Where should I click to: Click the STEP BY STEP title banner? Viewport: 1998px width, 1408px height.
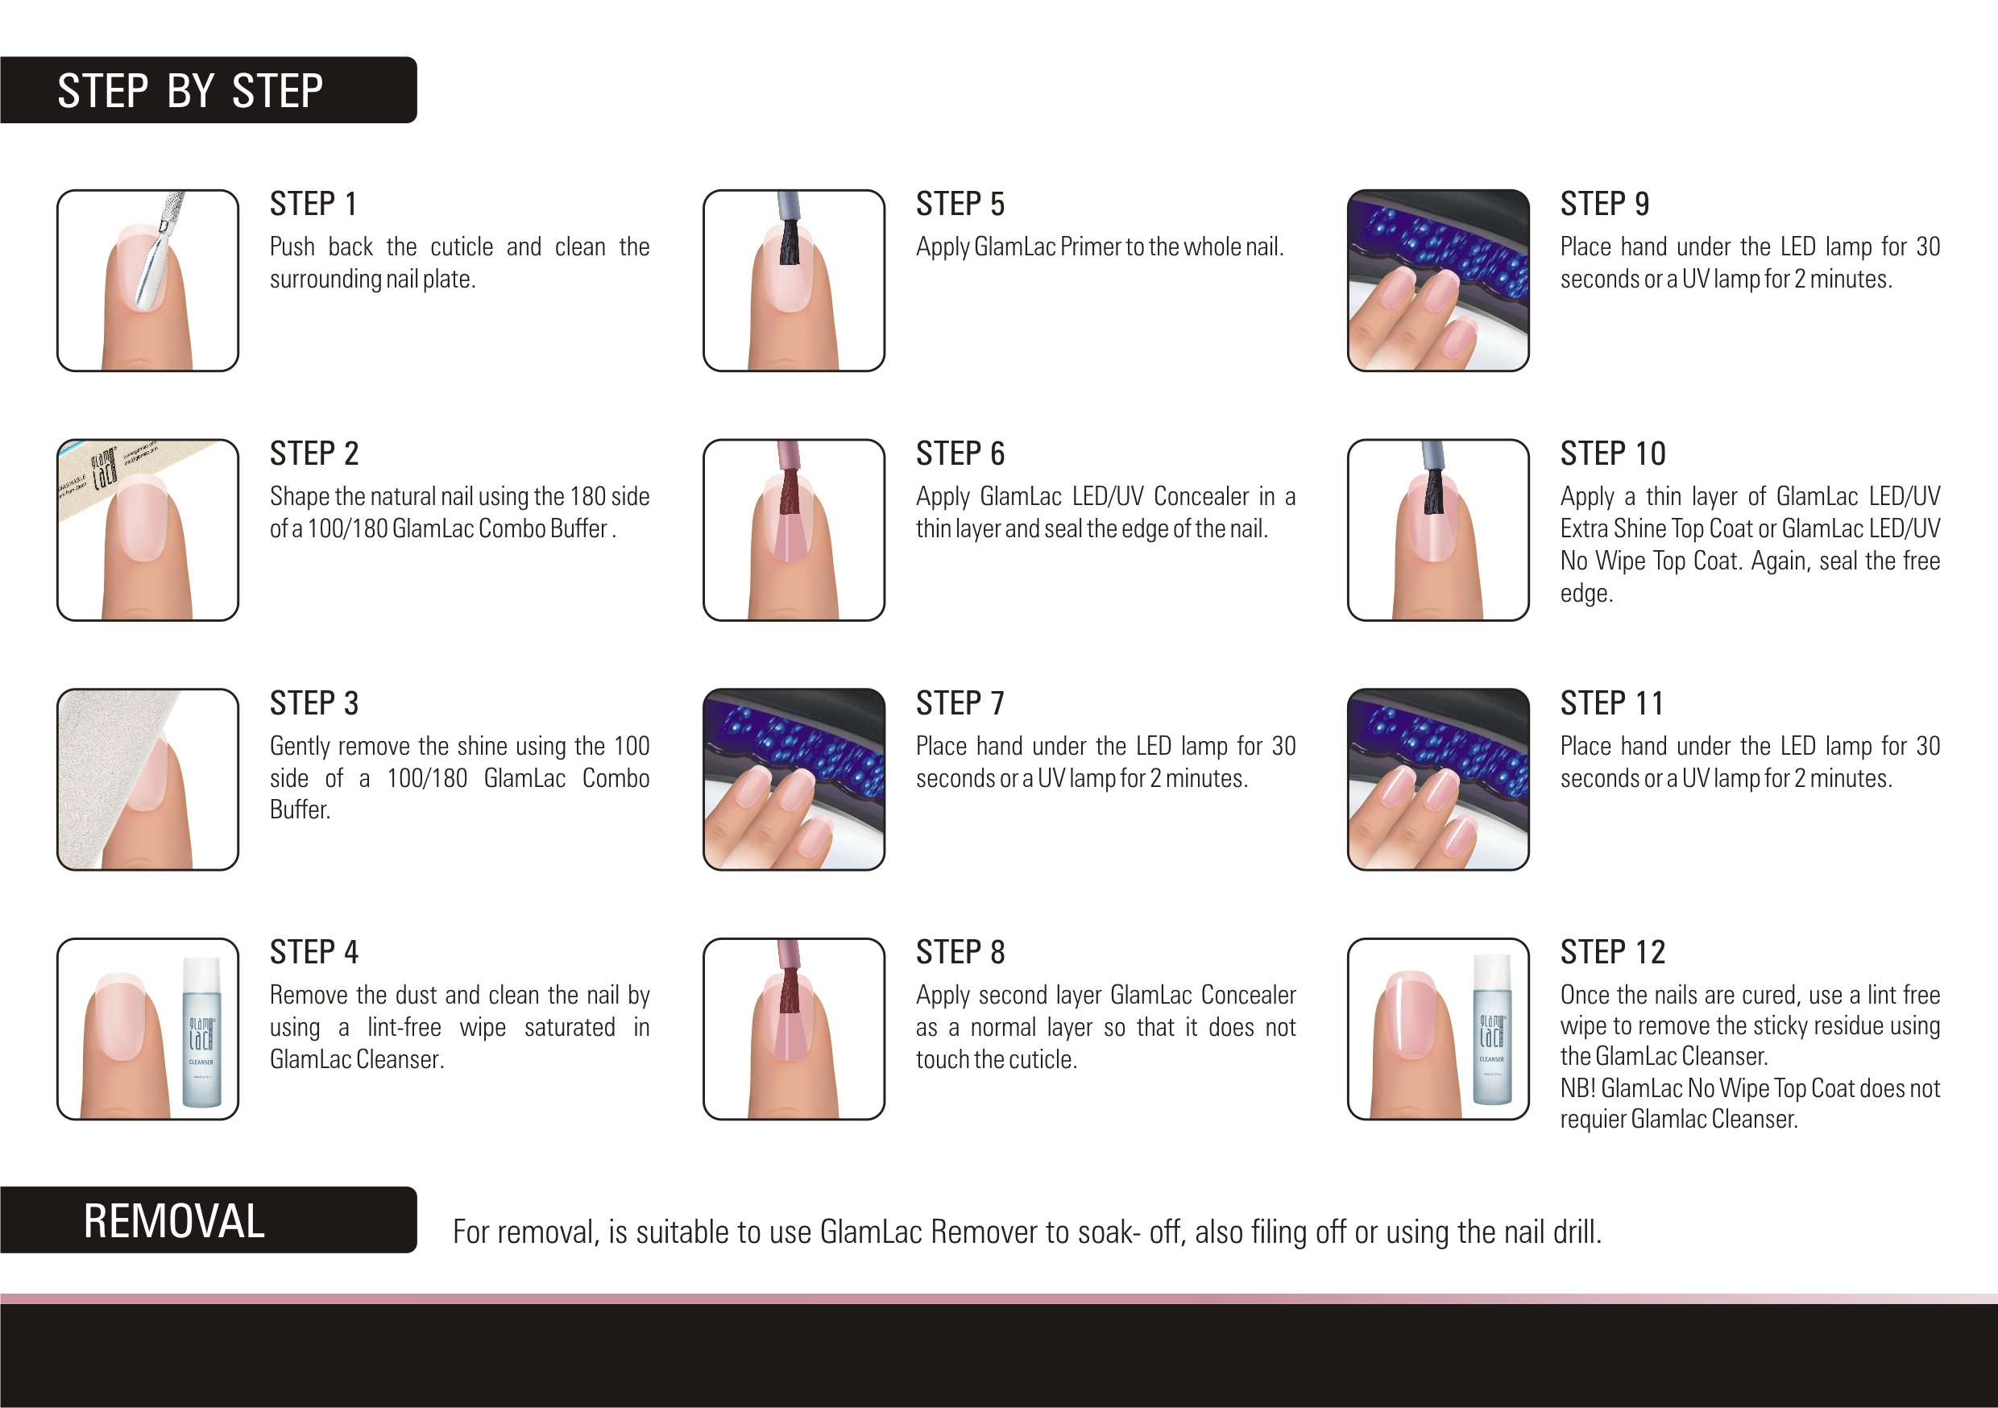click(208, 90)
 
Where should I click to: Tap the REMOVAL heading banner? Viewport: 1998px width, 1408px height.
click(208, 1220)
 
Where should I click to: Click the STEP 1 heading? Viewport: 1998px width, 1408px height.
click(313, 205)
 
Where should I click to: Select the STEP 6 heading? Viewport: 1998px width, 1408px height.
click(960, 453)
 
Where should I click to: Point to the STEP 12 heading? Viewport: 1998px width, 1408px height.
click(1612, 953)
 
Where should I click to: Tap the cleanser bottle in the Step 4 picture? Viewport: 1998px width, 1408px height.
click(202, 1032)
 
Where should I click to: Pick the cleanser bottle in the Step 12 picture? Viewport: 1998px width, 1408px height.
click(1491, 1029)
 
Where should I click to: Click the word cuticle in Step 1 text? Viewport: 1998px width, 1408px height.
click(462, 247)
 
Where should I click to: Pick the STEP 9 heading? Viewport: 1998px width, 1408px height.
click(1605, 205)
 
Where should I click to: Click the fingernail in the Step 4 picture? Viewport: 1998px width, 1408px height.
click(120, 1017)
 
